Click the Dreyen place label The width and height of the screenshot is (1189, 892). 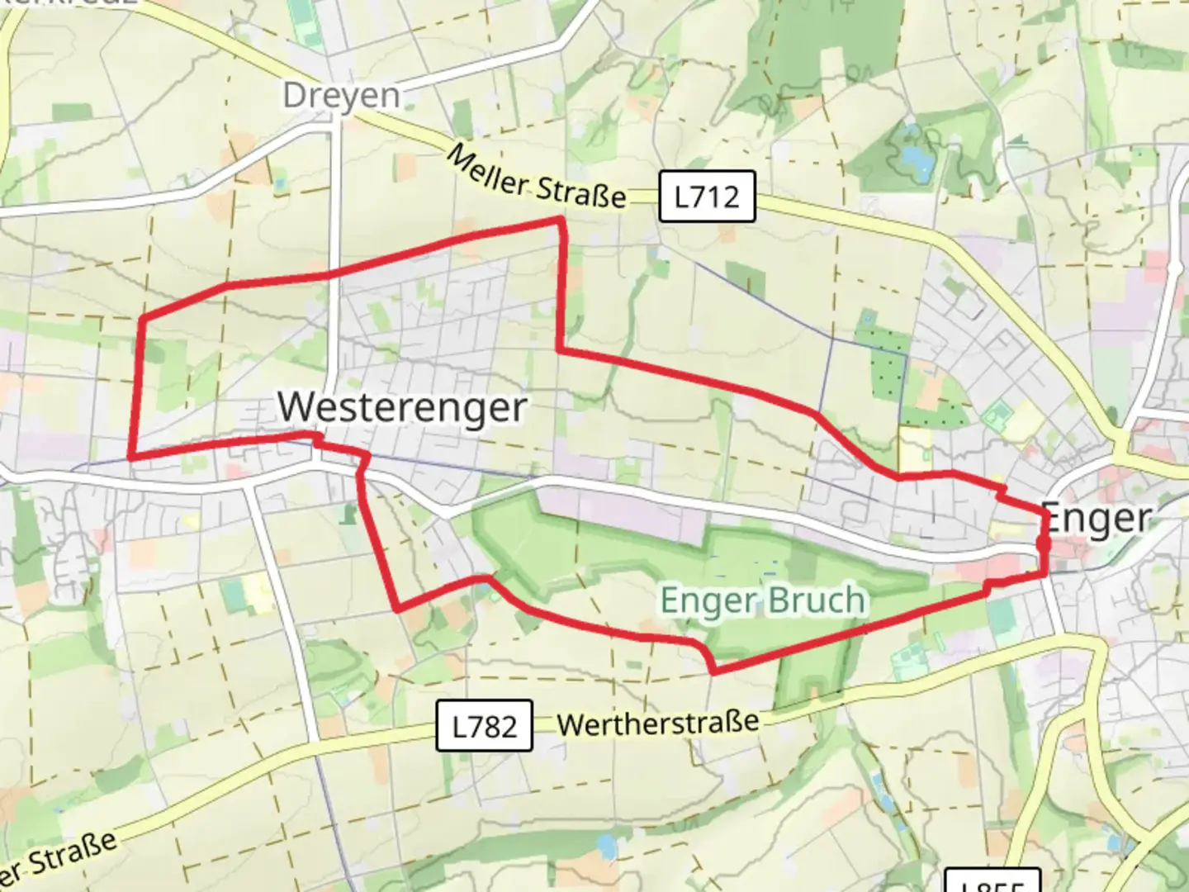(341, 96)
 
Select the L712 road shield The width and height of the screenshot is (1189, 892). (707, 197)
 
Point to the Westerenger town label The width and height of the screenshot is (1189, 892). (402, 407)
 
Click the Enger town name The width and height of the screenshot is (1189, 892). (1097, 519)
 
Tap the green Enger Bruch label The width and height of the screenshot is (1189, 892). (763, 600)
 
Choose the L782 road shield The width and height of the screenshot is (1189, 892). (484, 726)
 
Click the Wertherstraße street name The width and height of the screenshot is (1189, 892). (658, 724)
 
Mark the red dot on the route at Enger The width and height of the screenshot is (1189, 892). (1043, 544)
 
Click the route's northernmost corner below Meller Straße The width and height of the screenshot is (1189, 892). (561, 219)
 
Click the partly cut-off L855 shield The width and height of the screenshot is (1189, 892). (991, 882)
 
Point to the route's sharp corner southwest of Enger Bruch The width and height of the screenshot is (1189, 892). (399, 610)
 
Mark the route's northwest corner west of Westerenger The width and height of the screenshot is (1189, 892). (142, 317)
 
